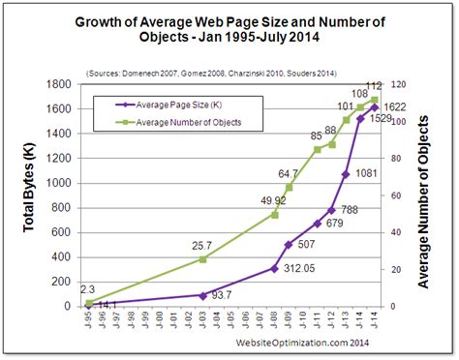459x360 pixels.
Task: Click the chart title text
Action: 229,29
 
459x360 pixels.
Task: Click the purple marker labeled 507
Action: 288,245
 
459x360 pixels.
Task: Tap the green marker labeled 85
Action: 318,149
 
